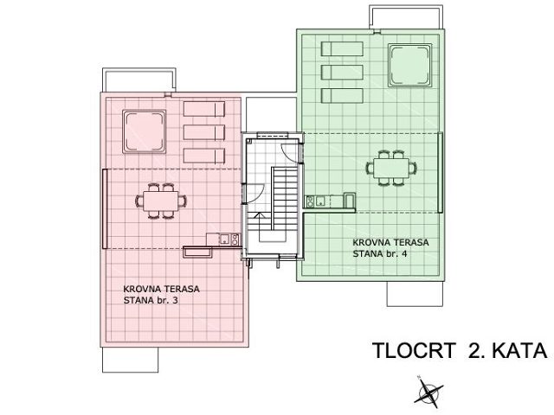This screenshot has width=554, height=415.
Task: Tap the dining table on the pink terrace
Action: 161,200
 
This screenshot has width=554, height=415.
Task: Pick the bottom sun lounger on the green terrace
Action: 340,94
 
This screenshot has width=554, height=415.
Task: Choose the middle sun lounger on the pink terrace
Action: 204,131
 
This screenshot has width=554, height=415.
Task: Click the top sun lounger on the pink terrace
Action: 204,108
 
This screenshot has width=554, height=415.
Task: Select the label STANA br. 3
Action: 154,300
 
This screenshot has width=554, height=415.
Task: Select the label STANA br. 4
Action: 382,254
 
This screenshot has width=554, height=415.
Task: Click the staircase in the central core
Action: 280,207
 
